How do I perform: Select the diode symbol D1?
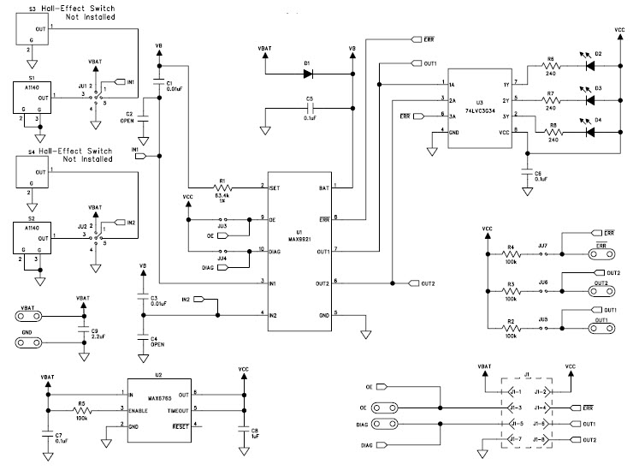tap(306, 74)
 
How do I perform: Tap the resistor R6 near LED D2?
tap(550, 62)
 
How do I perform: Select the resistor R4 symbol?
tap(511, 254)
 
